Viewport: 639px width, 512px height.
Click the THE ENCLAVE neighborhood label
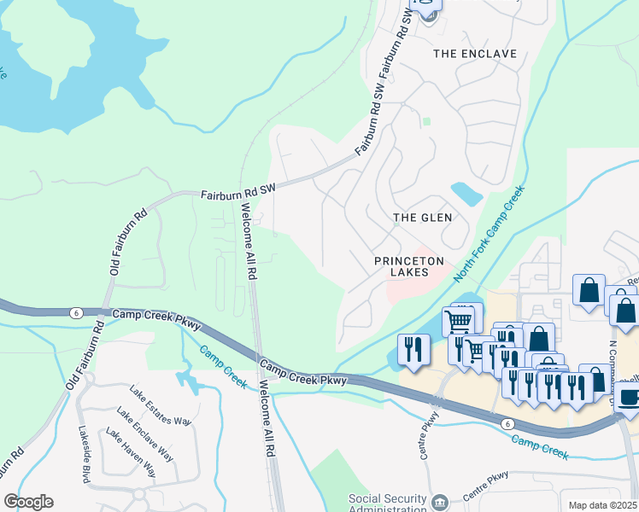tap(475, 54)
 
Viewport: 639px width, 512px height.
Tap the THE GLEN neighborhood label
tap(422, 218)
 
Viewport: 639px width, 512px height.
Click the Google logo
tap(28, 502)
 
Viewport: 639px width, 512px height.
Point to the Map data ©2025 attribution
tap(602, 505)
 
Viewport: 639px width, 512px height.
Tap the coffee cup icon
tap(630, 398)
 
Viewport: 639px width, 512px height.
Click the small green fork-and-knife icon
tap(425, 122)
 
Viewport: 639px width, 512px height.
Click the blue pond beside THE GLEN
tap(466, 194)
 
